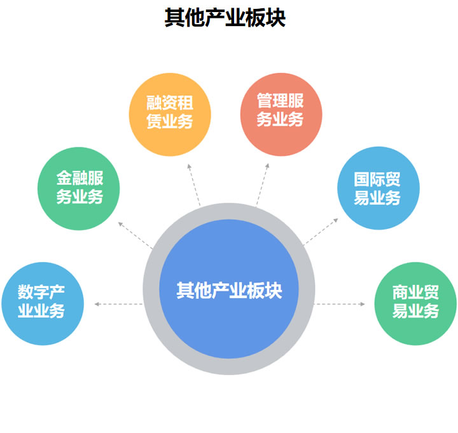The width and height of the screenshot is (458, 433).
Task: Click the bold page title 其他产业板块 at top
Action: point(225,17)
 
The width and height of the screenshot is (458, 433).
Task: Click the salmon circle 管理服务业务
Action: point(281,111)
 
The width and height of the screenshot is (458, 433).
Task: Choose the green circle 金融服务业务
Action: point(79,188)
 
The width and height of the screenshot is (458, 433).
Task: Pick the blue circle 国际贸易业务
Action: point(378,188)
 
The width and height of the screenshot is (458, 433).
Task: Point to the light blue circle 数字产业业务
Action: point(42,303)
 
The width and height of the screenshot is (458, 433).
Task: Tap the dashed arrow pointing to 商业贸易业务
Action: point(340,304)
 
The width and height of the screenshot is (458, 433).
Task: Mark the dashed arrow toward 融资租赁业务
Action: point(193,184)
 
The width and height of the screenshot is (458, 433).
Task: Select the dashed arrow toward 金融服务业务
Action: point(135,233)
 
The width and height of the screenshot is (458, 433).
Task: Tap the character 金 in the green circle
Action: point(63,179)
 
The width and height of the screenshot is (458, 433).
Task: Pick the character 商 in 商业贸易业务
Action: point(399,294)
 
